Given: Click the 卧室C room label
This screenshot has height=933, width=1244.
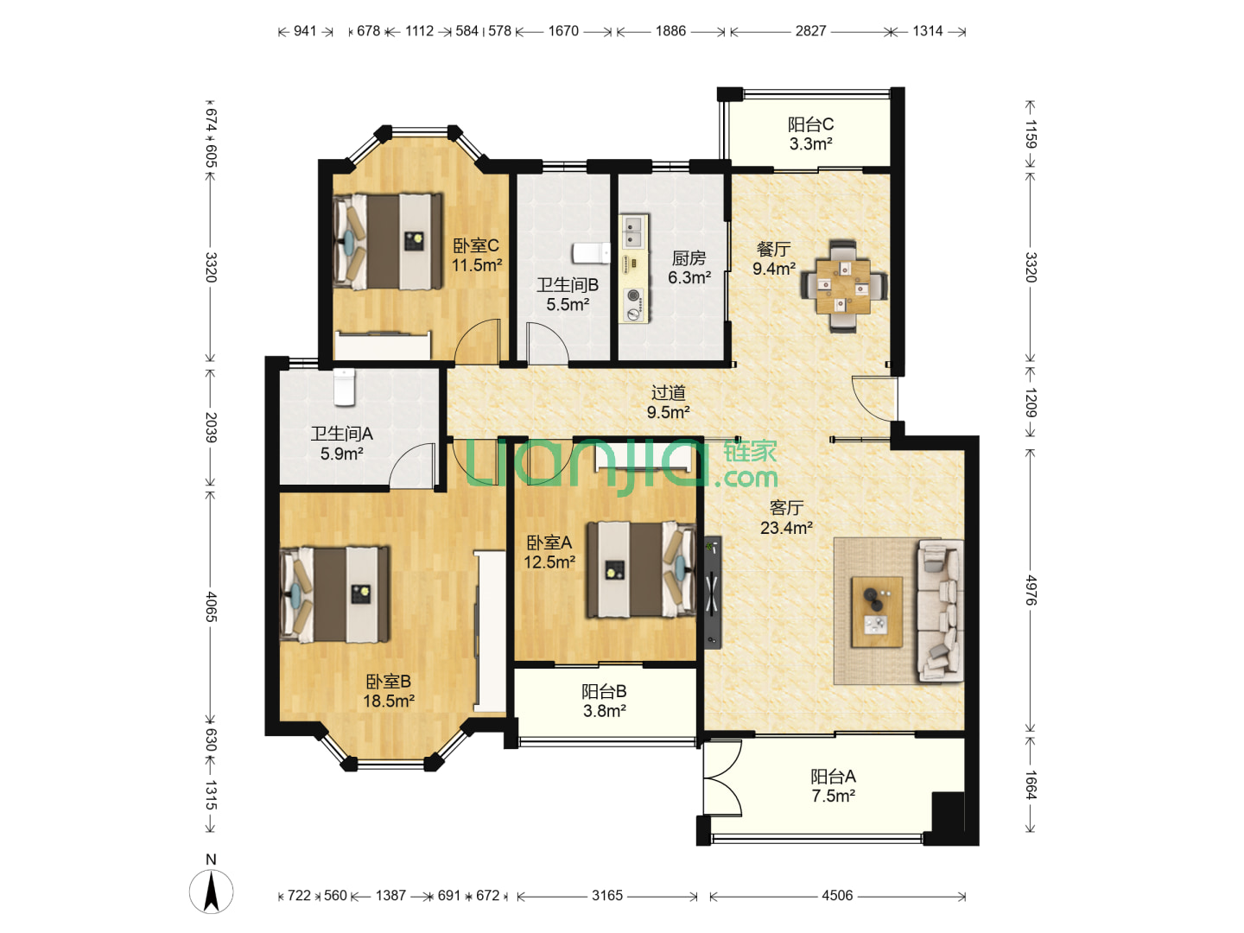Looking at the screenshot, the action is tap(475, 246).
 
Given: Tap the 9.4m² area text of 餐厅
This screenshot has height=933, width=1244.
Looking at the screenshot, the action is tap(773, 269).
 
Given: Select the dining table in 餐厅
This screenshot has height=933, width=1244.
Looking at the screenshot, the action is tap(843, 287).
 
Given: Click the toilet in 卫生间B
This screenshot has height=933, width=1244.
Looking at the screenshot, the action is tap(591, 253).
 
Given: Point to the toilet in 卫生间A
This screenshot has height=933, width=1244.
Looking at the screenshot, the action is tap(344, 387).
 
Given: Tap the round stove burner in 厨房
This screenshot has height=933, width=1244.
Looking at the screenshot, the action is tap(632, 295).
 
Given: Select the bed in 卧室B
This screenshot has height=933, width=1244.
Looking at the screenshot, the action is tap(335, 594).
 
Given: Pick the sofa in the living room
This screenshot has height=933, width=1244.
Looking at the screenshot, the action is tap(940, 610).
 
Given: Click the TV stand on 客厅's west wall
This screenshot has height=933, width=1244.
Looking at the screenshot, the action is tap(713, 592).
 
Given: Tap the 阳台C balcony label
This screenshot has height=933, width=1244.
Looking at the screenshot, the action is tap(810, 124).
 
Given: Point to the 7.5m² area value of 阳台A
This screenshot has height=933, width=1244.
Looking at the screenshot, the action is tap(833, 796).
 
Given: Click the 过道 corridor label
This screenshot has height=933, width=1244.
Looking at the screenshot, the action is tap(668, 392).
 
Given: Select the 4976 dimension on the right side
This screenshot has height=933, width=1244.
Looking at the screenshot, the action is tap(1031, 591).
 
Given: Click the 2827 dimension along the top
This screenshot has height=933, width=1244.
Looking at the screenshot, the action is tap(810, 31).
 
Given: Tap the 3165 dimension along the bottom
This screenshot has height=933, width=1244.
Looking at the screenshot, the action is tap(607, 896).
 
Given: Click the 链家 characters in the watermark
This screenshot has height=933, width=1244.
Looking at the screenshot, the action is tap(750, 452).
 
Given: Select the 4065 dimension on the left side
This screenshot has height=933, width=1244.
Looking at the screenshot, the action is tap(211, 606).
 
